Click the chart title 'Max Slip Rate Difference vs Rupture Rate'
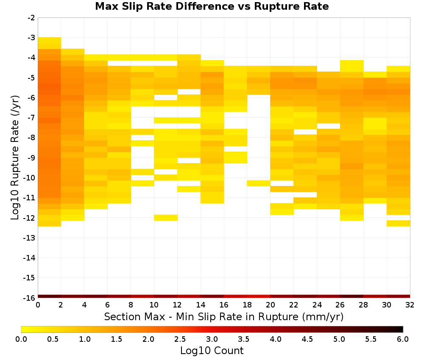click(212, 6)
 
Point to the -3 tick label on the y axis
click(31, 38)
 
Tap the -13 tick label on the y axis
click(29, 238)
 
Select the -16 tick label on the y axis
click(29, 298)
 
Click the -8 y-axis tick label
click(31, 138)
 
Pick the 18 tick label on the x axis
click(247, 305)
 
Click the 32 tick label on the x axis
click(410, 305)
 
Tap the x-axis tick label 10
click(154, 305)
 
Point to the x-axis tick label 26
click(340, 305)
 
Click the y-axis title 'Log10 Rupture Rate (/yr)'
click(15, 158)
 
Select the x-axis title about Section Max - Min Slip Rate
click(224, 316)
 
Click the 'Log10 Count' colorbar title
click(212, 351)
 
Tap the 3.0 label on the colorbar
click(212, 339)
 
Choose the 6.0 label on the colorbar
click(403, 339)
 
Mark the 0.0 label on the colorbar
click(21, 339)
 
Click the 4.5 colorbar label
click(307, 339)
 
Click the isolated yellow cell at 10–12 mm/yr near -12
click(166, 218)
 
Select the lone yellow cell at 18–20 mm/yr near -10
click(259, 183)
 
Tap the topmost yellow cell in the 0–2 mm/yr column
click(50, 40)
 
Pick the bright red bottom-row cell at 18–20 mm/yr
click(259, 296)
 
